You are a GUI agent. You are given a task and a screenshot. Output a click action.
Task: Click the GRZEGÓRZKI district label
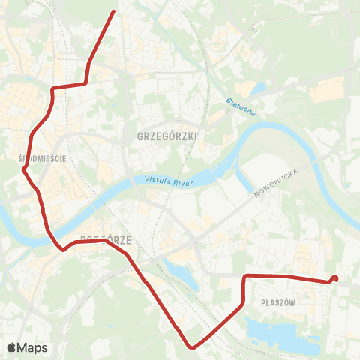click(x=168, y=136)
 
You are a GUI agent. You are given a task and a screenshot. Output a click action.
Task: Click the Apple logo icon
click(x=12, y=347)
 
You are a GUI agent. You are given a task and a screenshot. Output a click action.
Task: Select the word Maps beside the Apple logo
click(x=33, y=347)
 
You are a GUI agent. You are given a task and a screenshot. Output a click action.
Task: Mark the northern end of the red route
click(x=113, y=12)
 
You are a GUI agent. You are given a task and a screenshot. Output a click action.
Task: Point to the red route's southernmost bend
click(x=193, y=346)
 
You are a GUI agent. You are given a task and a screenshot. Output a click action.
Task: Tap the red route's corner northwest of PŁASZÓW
click(x=245, y=277)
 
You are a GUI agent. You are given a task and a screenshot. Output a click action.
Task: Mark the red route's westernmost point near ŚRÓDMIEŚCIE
click(x=24, y=169)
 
